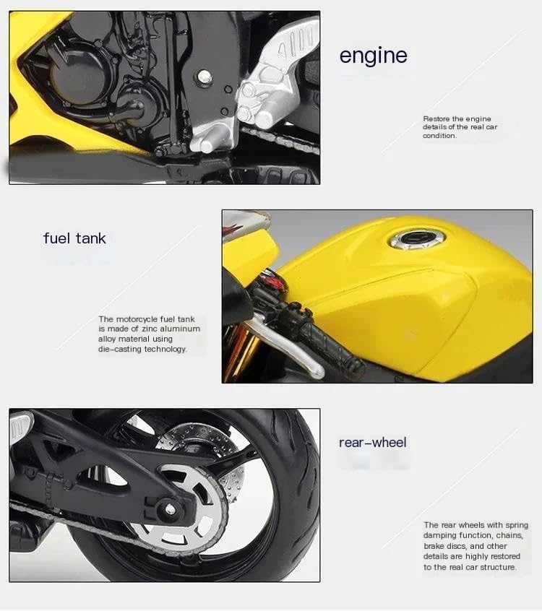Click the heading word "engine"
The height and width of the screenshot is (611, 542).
[373, 56]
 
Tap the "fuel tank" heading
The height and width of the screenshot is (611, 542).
[74, 238]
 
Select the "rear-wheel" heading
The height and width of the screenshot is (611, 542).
[372, 442]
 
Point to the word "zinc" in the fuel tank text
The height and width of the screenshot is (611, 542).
[149, 329]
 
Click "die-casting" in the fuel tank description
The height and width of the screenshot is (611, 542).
[120, 349]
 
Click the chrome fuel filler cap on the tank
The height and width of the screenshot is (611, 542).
[418, 239]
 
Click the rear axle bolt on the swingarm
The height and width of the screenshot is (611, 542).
[170, 508]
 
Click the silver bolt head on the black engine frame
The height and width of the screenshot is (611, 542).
[203, 77]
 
